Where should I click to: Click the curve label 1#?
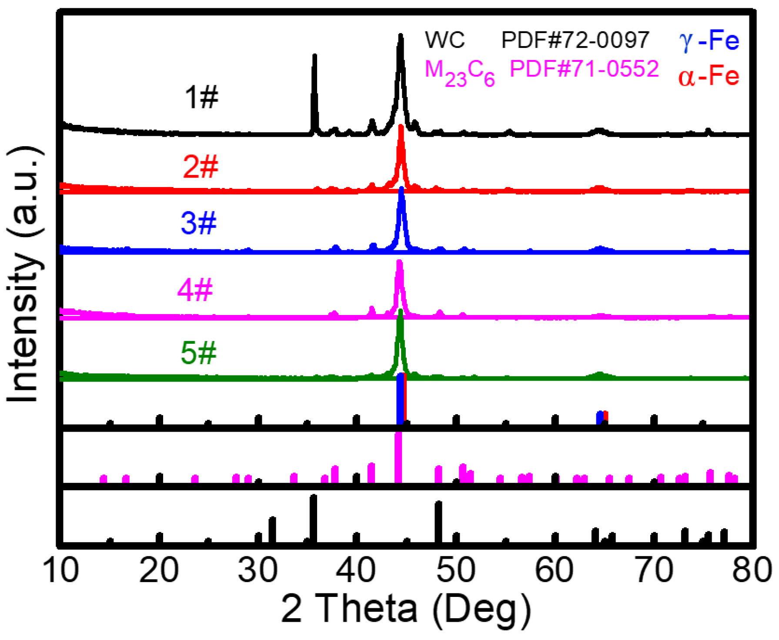tap(201, 97)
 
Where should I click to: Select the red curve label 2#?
tap(200, 167)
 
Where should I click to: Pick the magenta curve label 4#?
tap(195, 290)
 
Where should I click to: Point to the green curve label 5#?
tap(198, 352)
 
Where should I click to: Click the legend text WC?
tap(445, 40)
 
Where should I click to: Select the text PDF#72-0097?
tap(575, 40)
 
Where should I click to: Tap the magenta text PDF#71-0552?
tap(584, 69)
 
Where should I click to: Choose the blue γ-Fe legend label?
tap(709, 40)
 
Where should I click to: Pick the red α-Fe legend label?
tap(709, 77)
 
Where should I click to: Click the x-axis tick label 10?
tap(61, 570)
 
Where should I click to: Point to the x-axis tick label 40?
tap(356, 570)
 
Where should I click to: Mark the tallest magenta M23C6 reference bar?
tap(398, 457)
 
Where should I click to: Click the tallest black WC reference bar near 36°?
tap(313, 518)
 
